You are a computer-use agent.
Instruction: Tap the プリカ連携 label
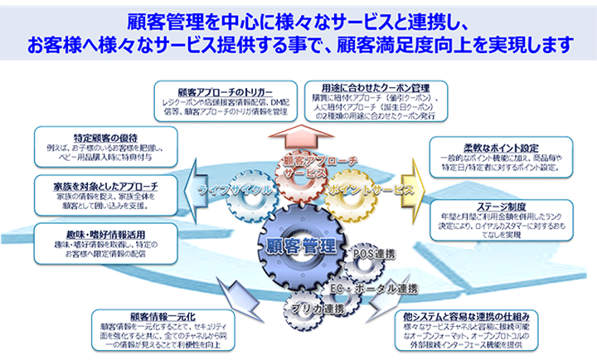coord(311,309)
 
